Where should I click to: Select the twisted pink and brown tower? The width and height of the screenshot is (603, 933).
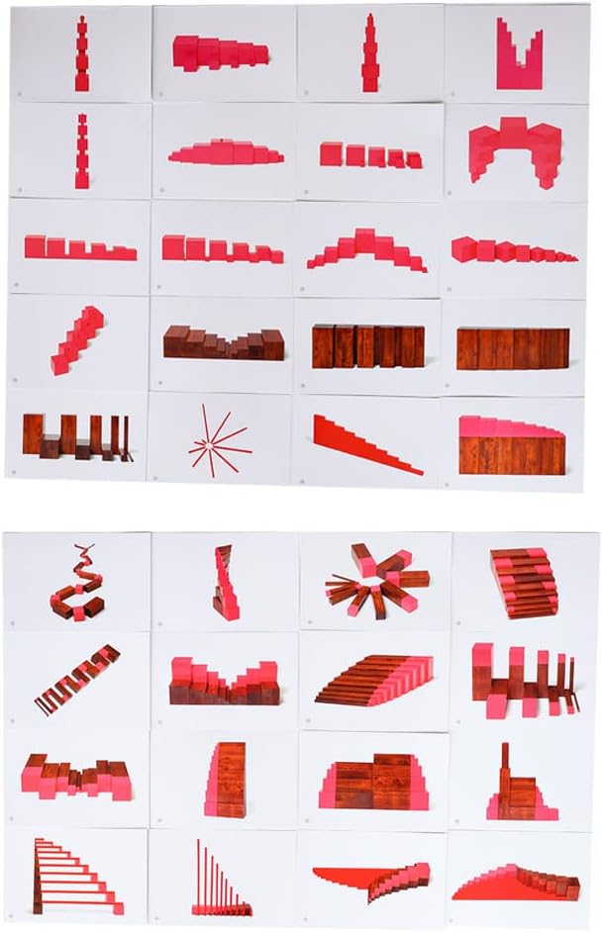click(x=226, y=584)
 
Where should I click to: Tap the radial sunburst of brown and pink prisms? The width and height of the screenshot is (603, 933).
click(x=376, y=579)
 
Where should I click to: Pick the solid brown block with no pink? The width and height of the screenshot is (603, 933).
click(x=513, y=348)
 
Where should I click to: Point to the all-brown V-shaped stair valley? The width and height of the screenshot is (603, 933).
click(x=224, y=343)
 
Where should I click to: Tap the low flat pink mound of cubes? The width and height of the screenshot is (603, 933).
click(x=226, y=154)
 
